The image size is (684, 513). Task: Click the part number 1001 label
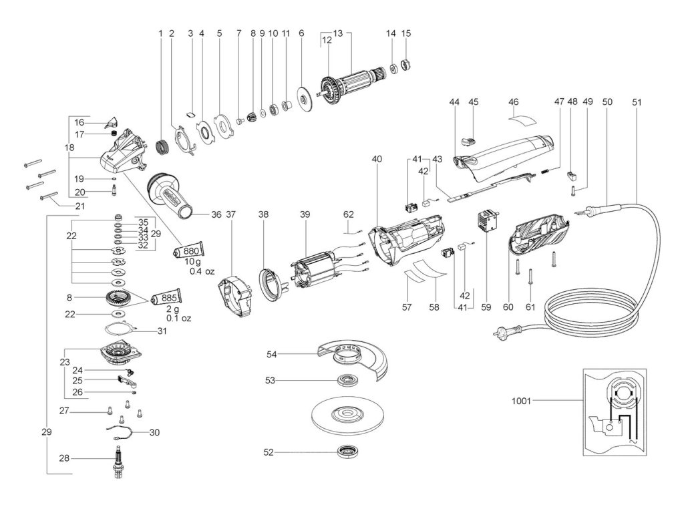pos(521,401)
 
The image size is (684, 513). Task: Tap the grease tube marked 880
pos(187,251)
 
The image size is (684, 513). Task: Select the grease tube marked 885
pos(166,299)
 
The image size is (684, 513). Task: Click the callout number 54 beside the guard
pos(271,354)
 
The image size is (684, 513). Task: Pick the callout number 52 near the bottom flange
pos(269,452)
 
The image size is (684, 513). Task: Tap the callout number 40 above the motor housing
pos(377,159)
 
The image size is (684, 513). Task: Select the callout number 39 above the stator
pos(305,214)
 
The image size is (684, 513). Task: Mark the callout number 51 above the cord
pos(637,102)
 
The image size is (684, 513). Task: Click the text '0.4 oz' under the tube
pos(202,271)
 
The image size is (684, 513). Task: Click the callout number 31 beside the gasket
pos(162,331)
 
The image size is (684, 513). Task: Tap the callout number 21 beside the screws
pos(80,206)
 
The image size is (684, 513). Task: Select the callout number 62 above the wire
pos(349,214)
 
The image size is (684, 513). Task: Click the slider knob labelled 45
pos(469,141)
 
